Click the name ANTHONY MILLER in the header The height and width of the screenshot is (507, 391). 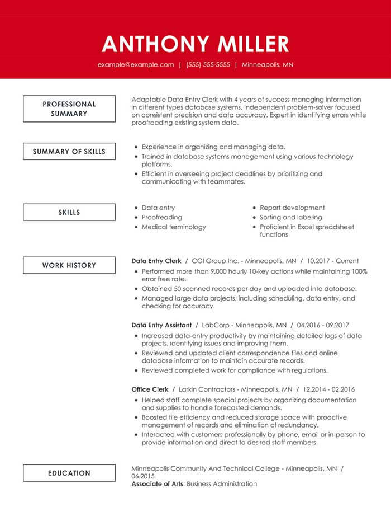(x=195, y=44)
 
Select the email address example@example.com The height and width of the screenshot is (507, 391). (x=136, y=65)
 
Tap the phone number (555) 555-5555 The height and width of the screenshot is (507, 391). (x=208, y=65)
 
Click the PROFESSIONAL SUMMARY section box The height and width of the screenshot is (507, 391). (x=69, y=109)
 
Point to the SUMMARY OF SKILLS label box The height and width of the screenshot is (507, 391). (x=69, y=152)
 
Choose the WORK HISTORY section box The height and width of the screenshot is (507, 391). (x=69, y=266)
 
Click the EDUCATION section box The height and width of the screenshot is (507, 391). (x=69, y=473)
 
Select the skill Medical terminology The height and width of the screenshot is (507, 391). (x=174, y=227)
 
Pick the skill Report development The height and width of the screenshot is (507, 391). (x=292, y=208)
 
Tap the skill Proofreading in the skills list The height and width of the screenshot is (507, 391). (x=162, y=217)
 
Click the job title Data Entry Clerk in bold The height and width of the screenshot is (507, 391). (x=156, y=261)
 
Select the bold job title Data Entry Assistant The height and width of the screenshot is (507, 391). (x=161, y=325)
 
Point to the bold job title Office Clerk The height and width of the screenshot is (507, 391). (x=150, y=389)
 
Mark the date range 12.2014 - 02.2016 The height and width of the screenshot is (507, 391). (x=329, y=389)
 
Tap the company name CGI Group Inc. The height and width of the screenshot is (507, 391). (x=215, y=261)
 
